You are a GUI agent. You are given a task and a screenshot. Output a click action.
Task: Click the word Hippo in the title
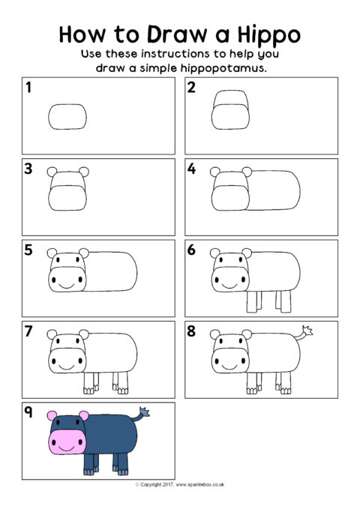[x=269, y=34]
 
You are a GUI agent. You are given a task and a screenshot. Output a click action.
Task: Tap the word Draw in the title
[x=177, y=34]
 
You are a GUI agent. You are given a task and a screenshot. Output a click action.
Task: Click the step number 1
[x=28, y=87]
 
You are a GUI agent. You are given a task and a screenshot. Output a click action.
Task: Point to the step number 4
[x=191, y=169]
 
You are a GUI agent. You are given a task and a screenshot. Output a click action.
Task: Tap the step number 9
[x=28, y=412]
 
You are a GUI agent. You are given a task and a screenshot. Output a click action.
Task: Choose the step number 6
[x=191, y=250]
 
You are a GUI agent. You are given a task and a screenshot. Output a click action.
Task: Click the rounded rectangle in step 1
[x=67, y=116]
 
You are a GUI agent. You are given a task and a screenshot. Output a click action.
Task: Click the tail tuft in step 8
[x=307, y=330]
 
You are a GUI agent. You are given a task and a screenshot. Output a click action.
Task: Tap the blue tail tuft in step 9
[x=145, y=412]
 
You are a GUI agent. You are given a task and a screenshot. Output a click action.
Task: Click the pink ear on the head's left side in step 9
[x=52, y=416]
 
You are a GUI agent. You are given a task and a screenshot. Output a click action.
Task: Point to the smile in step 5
[x=67, y=286]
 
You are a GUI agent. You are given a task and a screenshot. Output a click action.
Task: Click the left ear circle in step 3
[x=52, y=172]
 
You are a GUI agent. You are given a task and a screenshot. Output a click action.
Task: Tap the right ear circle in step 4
[x=247, y=172]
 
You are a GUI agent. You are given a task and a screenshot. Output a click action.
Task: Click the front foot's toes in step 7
[x=88, y=391]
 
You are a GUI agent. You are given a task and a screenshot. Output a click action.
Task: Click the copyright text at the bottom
[x=180, y=485]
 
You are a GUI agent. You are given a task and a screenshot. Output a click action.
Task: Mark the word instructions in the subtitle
[x=175, y=53]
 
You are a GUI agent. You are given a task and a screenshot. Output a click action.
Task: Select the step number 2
[x=191, y=87]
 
